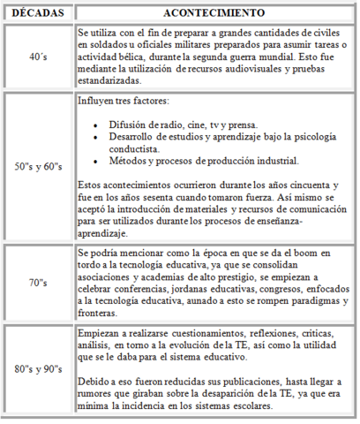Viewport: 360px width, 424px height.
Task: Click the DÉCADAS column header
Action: pos(38,14)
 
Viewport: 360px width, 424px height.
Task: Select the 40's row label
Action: pos(38,57)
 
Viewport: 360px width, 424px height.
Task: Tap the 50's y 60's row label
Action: pos(38,167)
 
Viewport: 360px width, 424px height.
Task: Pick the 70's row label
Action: pos(38,283)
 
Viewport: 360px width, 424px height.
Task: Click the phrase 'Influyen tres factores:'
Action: pos(119,102)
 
